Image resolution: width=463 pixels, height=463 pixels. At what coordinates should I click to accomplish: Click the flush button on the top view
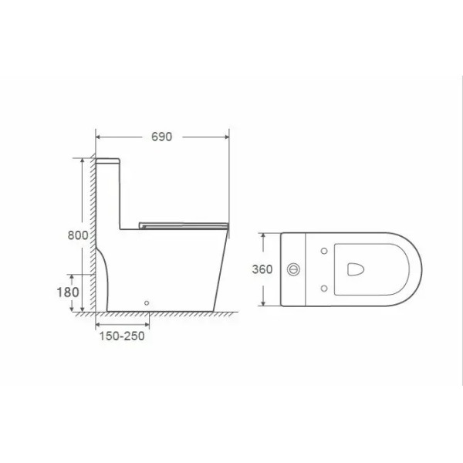pos(292,269)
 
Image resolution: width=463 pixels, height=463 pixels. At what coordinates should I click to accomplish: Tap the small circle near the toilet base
pos(149,304)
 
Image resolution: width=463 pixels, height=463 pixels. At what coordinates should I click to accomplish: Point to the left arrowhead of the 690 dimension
pos(97,136)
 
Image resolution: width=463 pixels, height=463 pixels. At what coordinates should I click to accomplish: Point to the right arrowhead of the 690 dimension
pos(229,136)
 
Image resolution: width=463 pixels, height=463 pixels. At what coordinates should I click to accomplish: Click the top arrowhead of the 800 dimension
pos(81,158)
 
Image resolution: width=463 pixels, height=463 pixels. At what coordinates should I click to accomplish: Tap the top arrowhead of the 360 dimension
pos(265,233)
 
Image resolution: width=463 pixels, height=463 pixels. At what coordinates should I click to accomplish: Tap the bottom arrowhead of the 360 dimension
pos(265,306)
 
